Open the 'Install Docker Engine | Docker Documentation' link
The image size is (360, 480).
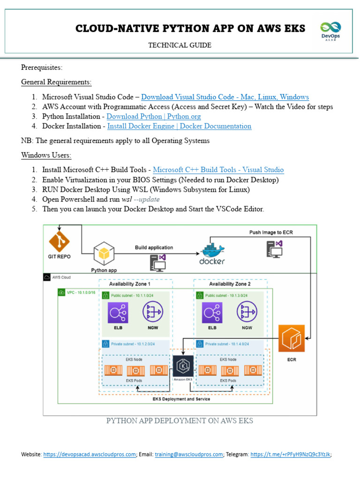[179, 126]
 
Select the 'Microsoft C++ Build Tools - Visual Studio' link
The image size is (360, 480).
[218, 170]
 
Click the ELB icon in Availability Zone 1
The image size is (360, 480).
[118, 313]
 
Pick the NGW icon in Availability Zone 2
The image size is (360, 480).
[247, 313]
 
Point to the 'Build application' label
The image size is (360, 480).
[154, 247]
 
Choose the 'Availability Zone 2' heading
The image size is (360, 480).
[230, 284]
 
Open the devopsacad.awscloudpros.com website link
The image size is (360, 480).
[90, 454]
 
